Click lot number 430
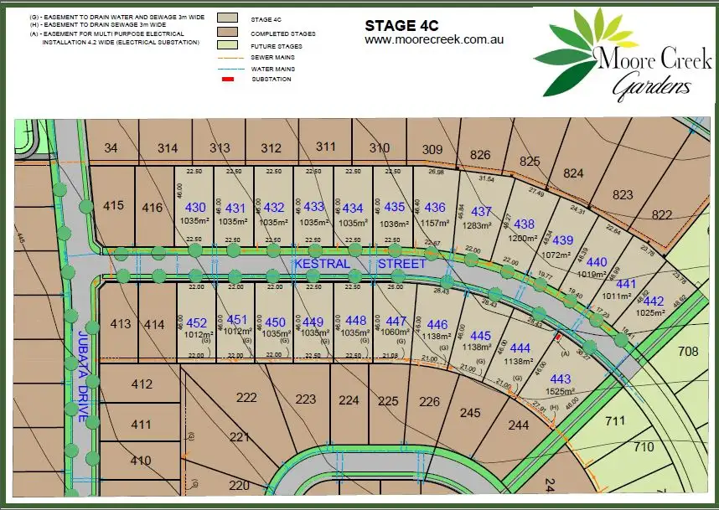pos(194,208)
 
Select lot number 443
pos(561,379)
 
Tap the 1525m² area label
pos(561,392)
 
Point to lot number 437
pos(482,212)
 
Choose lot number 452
pos(197,323)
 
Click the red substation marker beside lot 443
pos(558,337)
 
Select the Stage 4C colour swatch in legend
pos(226,17)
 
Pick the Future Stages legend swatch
pos(226,45)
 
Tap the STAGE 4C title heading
pos(401,25)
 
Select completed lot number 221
pos(240,436)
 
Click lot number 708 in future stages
pos(688,351)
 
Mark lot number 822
pos(661,215)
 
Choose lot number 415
pos(113,205)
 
